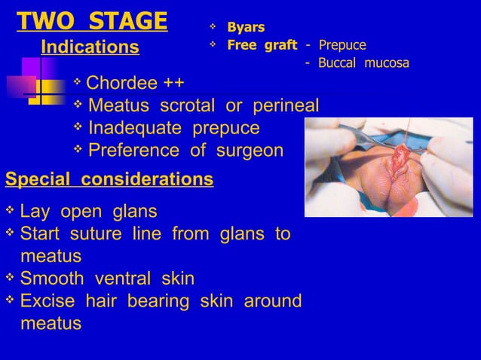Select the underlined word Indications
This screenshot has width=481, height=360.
click(90, 47)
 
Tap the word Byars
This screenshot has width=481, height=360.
click(246, 28)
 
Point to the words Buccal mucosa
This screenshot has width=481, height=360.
click(363, 63)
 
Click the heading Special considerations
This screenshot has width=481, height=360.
click(109, 181)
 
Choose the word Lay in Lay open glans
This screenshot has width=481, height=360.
click(35, 210)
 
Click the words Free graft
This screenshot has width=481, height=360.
click(262, 45)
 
